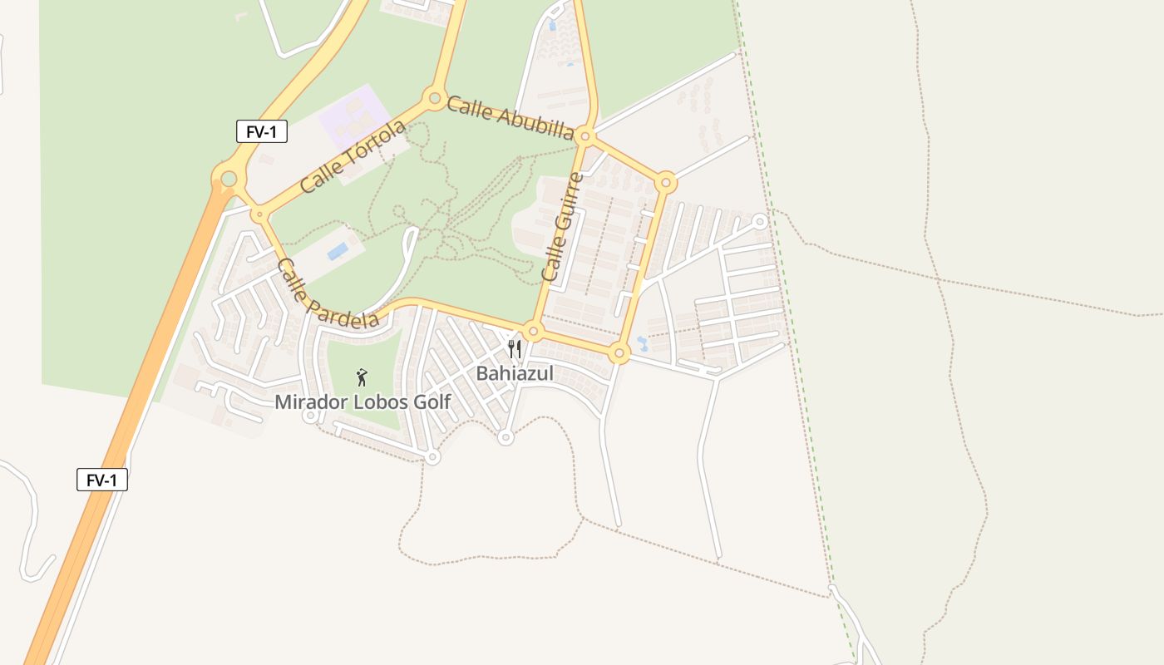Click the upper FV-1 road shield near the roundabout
coord(262,131)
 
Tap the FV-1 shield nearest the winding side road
coord(102,480)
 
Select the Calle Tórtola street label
coord(353,156)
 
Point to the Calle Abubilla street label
coord(510,118)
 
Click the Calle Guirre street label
coord(562,226)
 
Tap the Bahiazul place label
coord(515,373)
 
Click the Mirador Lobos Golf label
coord(363,402)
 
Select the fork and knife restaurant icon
coord(515,348)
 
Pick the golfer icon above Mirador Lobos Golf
coord(362,378)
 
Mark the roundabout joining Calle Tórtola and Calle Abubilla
coord(434,99)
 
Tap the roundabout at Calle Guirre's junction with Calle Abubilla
coord(585,135)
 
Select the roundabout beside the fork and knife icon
coord(534,332)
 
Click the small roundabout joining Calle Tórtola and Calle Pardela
coord(260,214)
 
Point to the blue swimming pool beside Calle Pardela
coord(338,251)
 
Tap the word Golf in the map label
coord(429,402)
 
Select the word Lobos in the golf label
coord(381,402)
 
